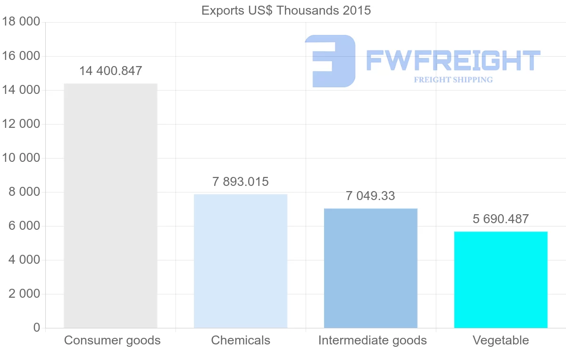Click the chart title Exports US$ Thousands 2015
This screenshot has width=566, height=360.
[286, 10]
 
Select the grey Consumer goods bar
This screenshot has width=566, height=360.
[110, 206]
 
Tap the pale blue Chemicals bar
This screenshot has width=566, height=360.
[241, 261]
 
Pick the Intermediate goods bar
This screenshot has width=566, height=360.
[371, 268]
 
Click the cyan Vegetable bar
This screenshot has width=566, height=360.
[501, 280]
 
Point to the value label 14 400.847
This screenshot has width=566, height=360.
[110, 71]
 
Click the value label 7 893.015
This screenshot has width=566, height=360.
[241, 182]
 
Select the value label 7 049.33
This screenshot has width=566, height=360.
[370, 196]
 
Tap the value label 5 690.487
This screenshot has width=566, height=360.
[500, 219]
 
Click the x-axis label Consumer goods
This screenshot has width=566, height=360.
[112, 340]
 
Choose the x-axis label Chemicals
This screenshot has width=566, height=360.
[241, 340]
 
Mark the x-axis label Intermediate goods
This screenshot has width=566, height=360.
[372, 340]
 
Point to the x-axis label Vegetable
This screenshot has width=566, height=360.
[501, 340]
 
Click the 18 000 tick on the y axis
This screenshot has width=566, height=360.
[20, 22]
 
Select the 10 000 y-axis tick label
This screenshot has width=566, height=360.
[20, 158]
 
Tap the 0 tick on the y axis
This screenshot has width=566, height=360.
[37, 328]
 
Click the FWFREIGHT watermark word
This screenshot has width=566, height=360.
[453, 60]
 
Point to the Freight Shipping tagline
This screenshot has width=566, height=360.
[453, 80]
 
